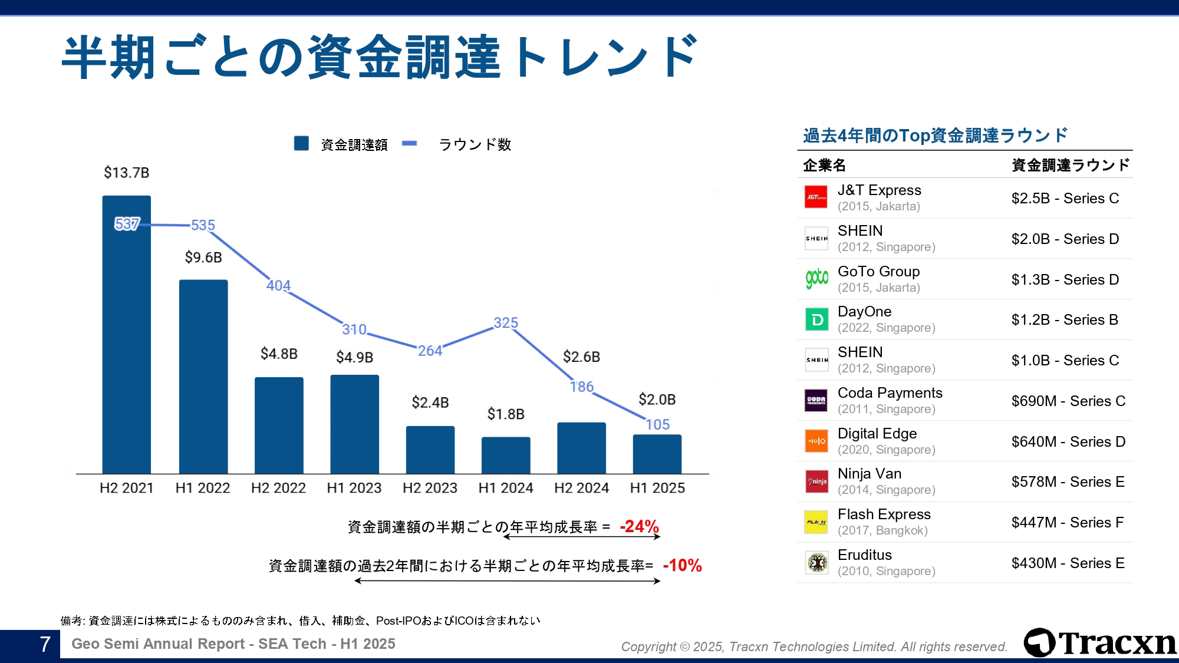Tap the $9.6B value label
click(203, 258)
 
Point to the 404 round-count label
click(278, 286)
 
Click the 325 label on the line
click(506, 323)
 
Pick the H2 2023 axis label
click(430, 488)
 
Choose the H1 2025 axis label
click(657, 488)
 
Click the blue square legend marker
click(301, 144)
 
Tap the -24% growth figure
click(639, 526)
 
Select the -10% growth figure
click(682, 566)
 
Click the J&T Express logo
click(816, 197)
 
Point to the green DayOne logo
click(816, 319)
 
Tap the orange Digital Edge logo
click(816, 441)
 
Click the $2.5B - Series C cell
click(1065, 199)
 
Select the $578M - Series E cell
click(1068, 482)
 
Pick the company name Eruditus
click(864, 555)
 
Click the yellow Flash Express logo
click(816, 522)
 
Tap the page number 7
click(45, 644)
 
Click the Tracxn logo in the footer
click(1099, 643)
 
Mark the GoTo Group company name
click(878, 272)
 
